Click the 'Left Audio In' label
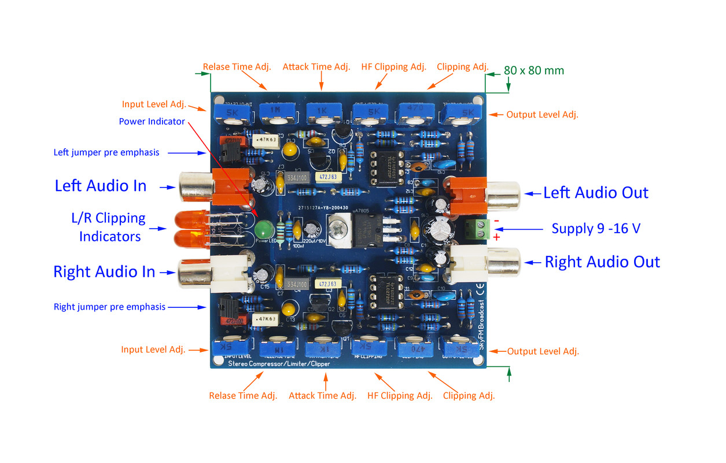click(100, 186)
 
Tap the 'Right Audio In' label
click(104, 271)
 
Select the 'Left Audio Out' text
click(596, 193)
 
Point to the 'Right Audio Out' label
click(602, 262)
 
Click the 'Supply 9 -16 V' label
click(596, 228)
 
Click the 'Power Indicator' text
click(152, 122)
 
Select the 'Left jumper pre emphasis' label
click(106, 153)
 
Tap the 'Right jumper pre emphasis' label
click(109, 307)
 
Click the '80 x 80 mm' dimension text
click(533, 71)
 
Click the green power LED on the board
click(263, 228)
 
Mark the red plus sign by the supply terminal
click(496, 237)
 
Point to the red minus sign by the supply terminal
click(496, 221)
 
